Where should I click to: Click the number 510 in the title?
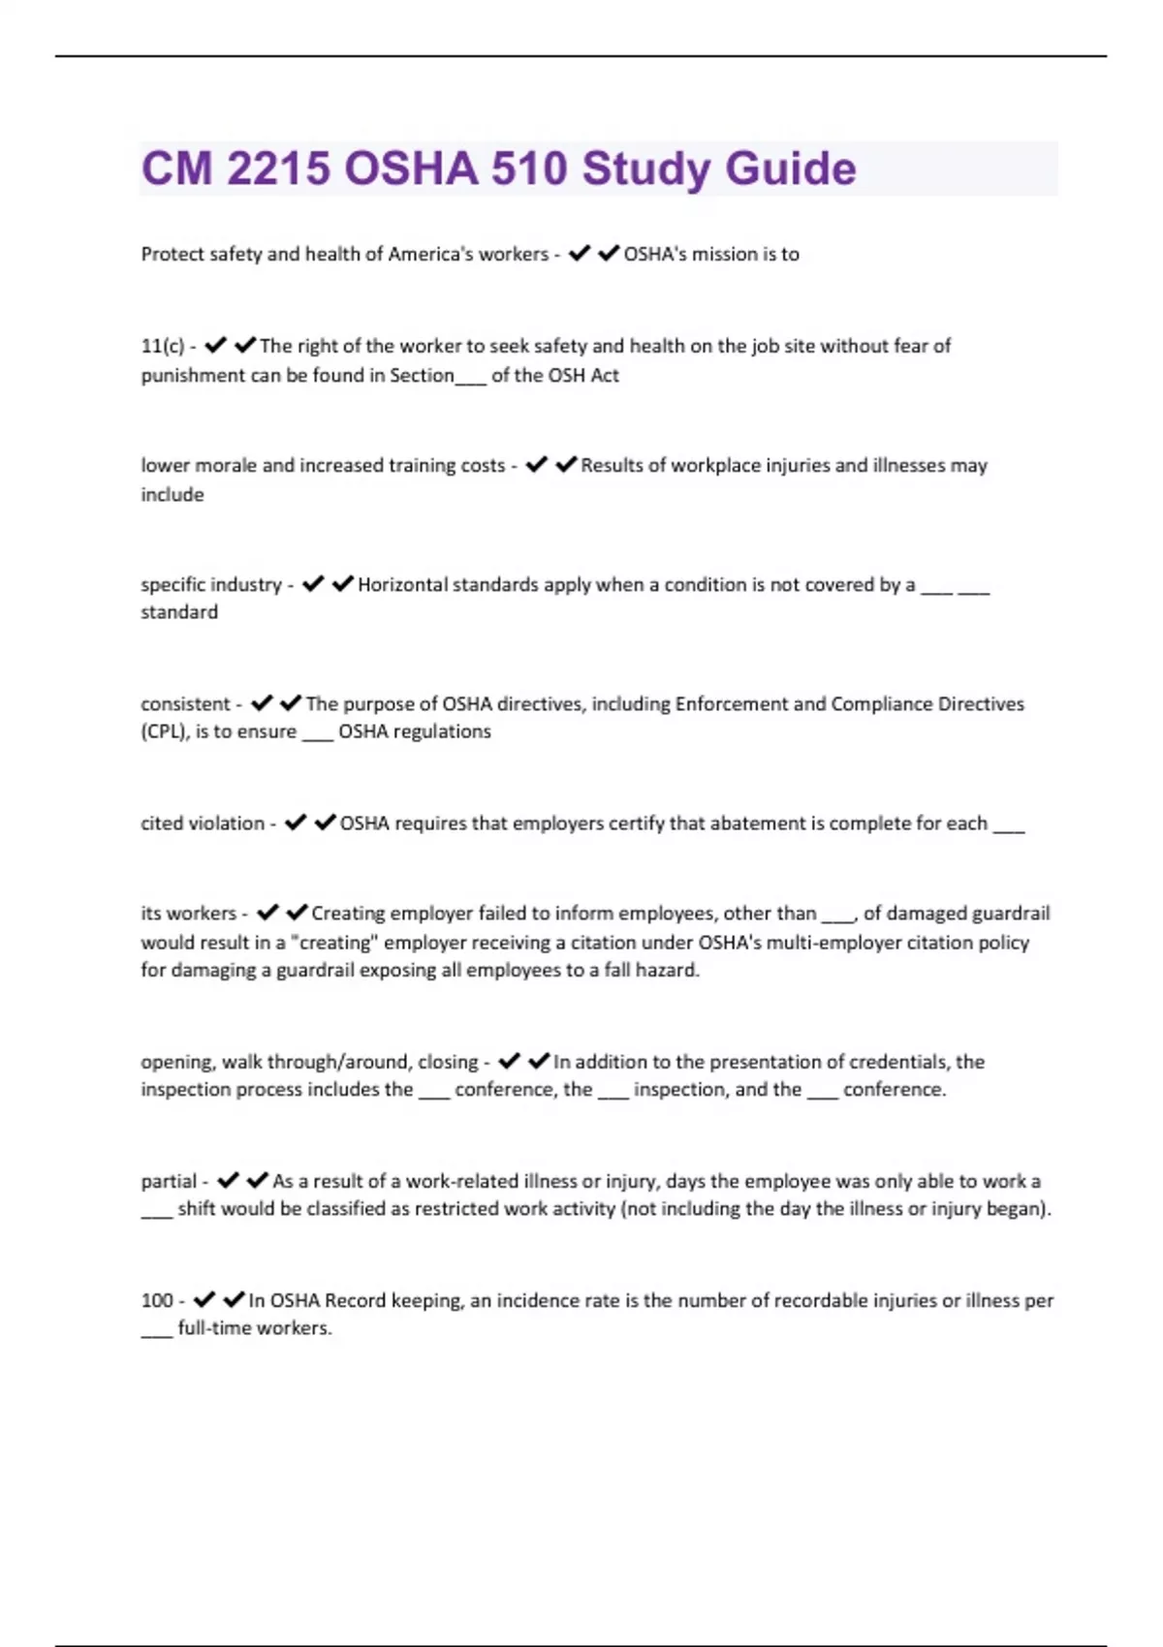click(x=528, y=169)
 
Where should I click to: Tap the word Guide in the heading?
click(x=790, y=169)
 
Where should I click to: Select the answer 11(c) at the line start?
click(x=162, y=346)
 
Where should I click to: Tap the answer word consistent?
click(x=185, y=703)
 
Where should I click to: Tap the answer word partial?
click(x=169, y=1181)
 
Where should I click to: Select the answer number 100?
click(x=157, y=1300)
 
